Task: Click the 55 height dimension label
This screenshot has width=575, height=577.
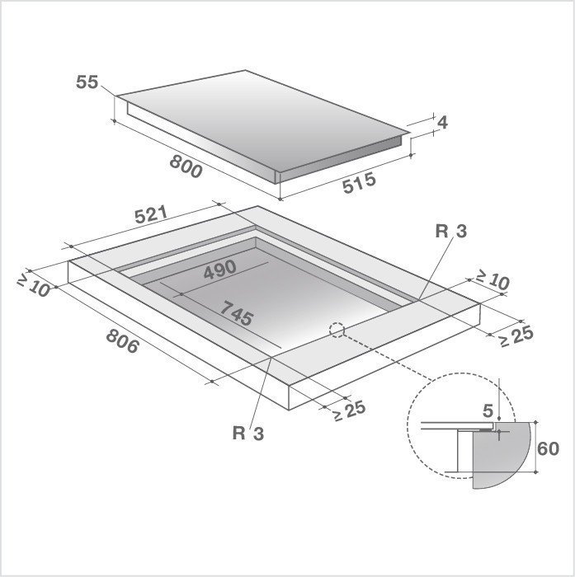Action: click(87, 82)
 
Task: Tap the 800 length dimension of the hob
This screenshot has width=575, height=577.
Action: click(186, 167)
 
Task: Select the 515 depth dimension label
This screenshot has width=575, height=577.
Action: click(359, 183)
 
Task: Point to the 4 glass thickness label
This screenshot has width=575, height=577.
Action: click(442, 123)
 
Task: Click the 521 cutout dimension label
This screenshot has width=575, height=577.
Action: click(151, 215)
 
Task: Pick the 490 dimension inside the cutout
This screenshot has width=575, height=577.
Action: click(220, 270)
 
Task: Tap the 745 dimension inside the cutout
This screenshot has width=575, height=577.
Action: click(237, 313)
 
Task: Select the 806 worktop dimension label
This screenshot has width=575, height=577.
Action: click(123, 341)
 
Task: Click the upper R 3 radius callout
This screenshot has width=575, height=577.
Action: click(451, 232)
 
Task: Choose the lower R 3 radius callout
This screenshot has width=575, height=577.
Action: click(248, 434)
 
